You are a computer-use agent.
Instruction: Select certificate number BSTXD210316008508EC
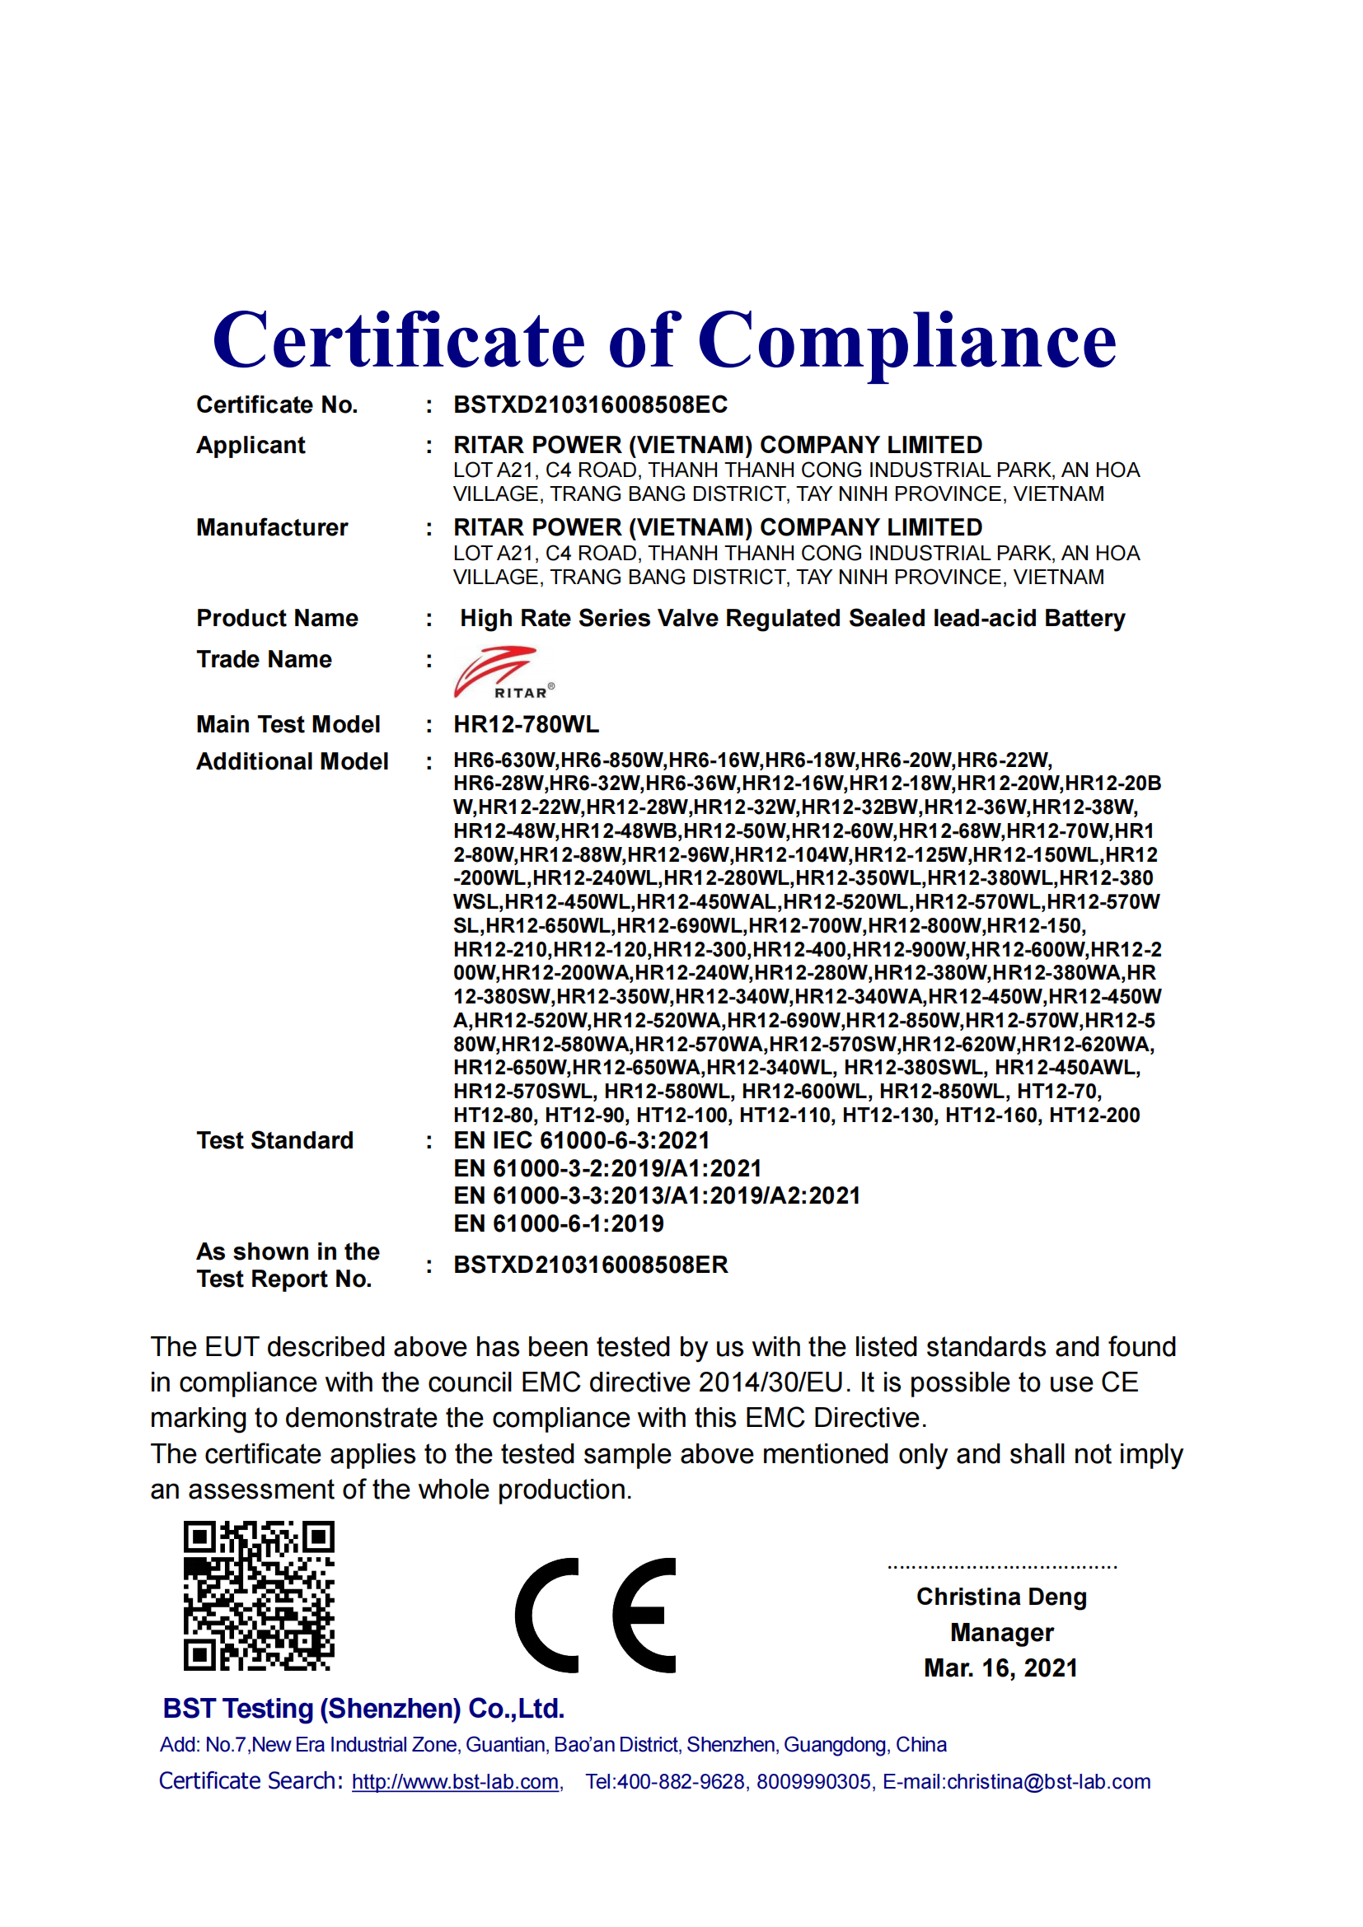[590, 405]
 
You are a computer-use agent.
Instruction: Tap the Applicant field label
[251, 445]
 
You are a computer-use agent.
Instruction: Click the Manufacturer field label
[272, 527]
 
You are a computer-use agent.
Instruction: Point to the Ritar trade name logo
[502, 671]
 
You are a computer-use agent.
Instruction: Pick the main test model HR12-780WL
[527, 724]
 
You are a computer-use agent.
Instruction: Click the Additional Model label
[292, 761]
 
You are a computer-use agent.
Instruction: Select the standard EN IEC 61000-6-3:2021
[582, 1140]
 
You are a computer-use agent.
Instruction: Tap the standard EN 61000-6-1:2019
[558, 1223]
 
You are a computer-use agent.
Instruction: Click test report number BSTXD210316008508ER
[590, 1265]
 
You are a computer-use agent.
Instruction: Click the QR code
[259, 1596]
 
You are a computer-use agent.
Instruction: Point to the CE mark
[595, 1616]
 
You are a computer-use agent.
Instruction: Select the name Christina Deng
[1001, 1597]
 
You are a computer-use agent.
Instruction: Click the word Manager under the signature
[1001, 1632]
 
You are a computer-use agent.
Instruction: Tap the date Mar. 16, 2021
[1000, 1667]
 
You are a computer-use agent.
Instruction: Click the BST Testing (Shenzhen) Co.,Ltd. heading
[363, 1709]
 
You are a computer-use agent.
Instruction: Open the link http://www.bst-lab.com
[456, 1782]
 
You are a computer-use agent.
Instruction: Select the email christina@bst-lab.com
[1048, 1782]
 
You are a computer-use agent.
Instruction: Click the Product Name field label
[277, 618]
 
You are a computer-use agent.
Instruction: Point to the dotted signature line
[1002, 1566]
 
